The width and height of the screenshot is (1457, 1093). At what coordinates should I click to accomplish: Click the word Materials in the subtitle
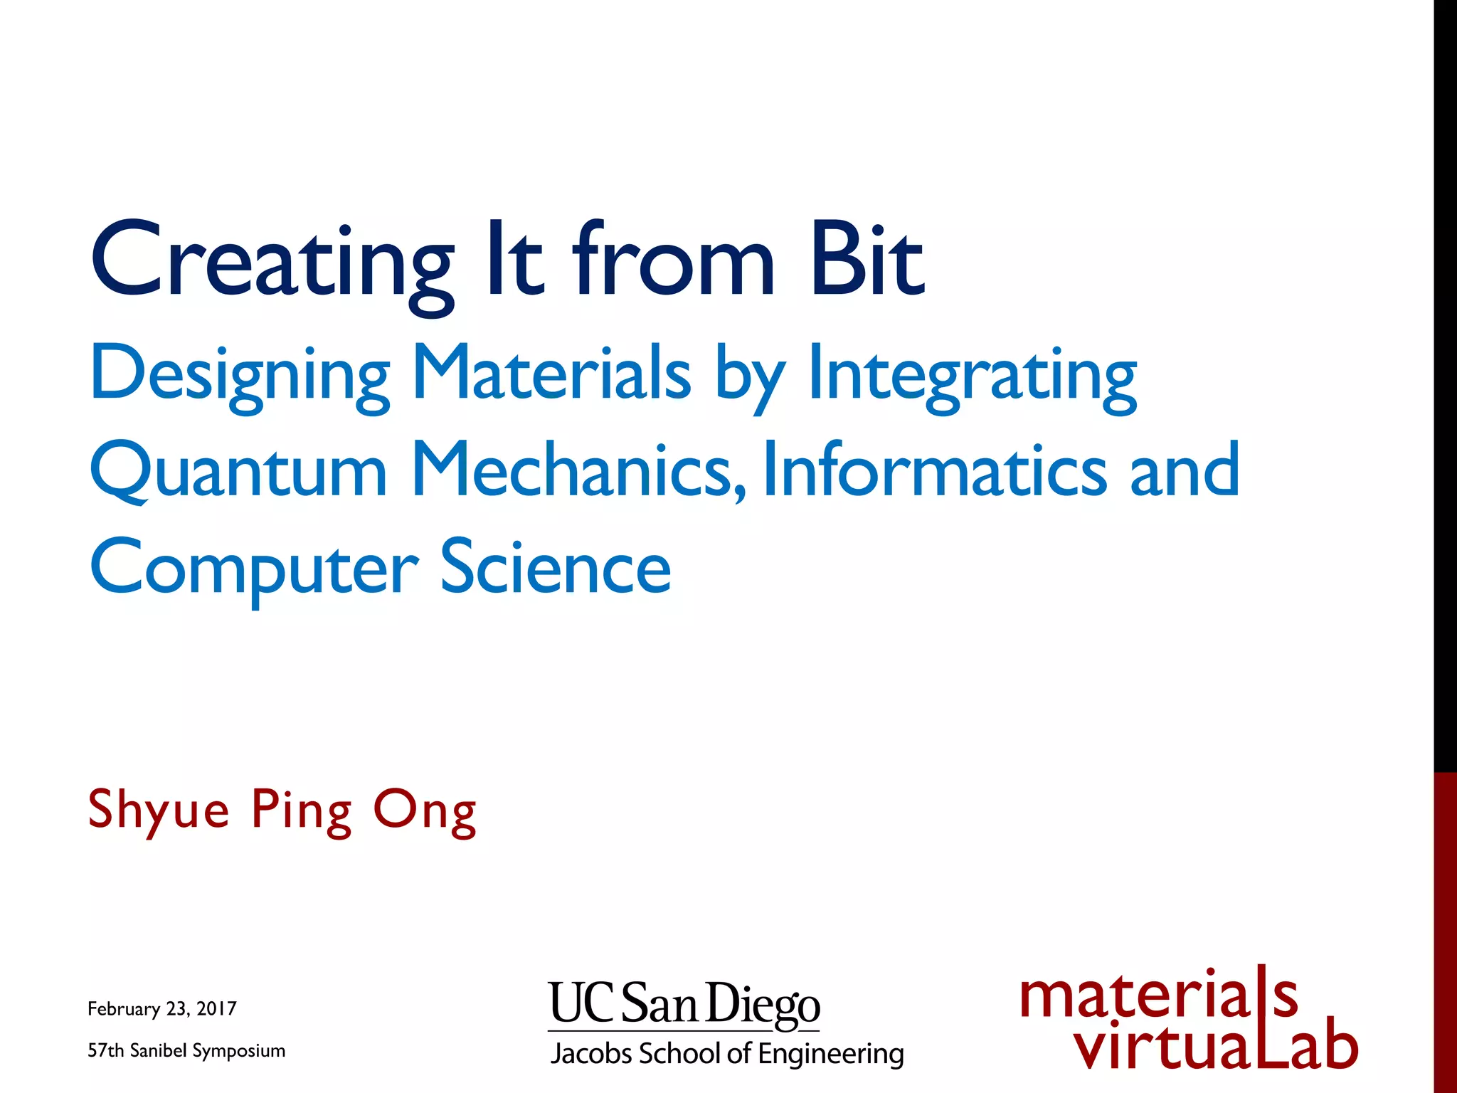pos(551,373)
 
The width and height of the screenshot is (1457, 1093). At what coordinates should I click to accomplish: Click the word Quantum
pos(238,470)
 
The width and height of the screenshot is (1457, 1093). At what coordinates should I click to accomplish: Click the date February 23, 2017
pos(162,1008)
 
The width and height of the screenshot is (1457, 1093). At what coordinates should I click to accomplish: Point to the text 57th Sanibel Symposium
pos(186,1050)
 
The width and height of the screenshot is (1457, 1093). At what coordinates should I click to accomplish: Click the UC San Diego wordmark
pos(684,1003)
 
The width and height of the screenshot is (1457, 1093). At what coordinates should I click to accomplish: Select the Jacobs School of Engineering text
pos(726,1053)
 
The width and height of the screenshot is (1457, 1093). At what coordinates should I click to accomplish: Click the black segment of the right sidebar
pos(1445,384)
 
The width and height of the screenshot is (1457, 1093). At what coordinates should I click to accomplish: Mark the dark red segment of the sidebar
pos(1445,932)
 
